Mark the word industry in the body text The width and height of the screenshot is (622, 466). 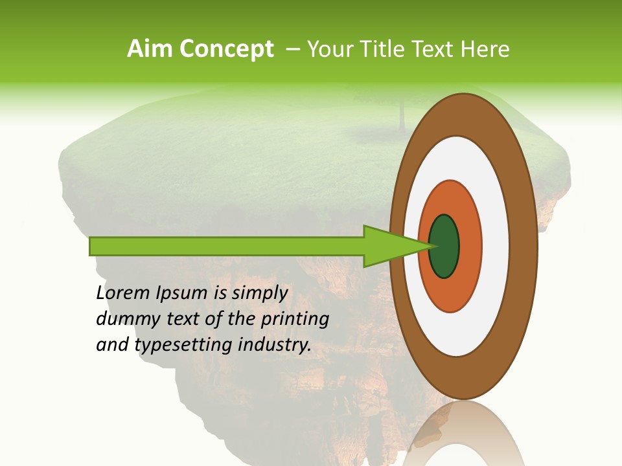click(x=275, y=345)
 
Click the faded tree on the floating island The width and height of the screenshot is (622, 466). click(x=402, y=110)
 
